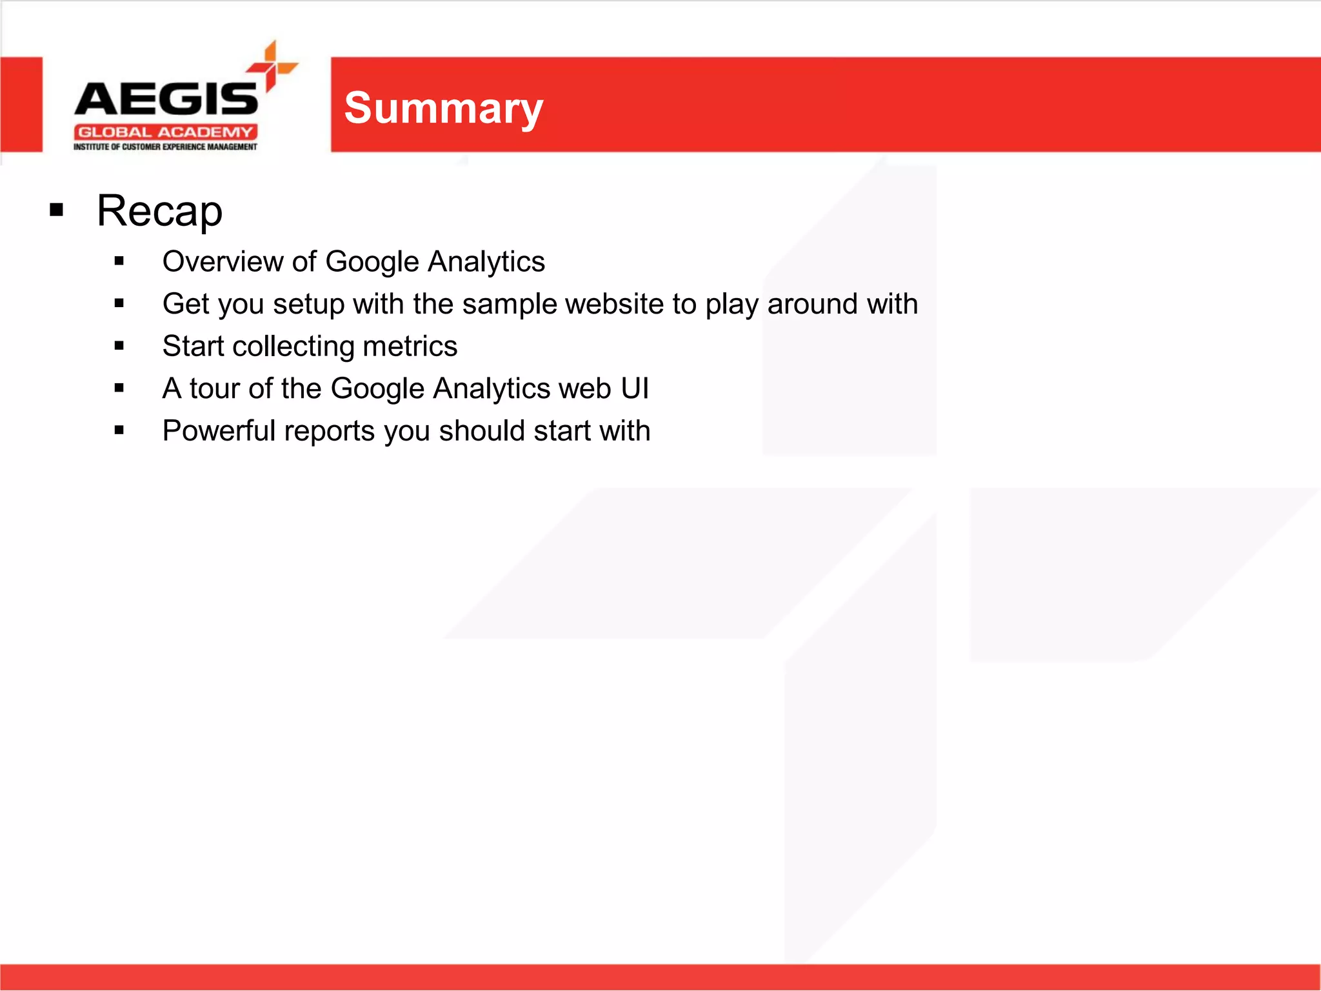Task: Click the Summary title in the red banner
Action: [x=443, y=108]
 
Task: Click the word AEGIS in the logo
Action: [x=166, y=99]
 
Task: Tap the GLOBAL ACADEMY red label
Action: [x=165, y=132]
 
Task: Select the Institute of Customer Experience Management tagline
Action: [x=165, y=147]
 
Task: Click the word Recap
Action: [x=159, y=211]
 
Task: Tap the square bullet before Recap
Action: [x=57, y=210]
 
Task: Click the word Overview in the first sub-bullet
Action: [x=222, y=262]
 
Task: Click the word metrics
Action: [x=410, y=346]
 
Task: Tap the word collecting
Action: [x=293, y=346]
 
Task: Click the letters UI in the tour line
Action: [x=635, y=388]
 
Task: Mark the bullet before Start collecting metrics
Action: [x=119, y=346]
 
